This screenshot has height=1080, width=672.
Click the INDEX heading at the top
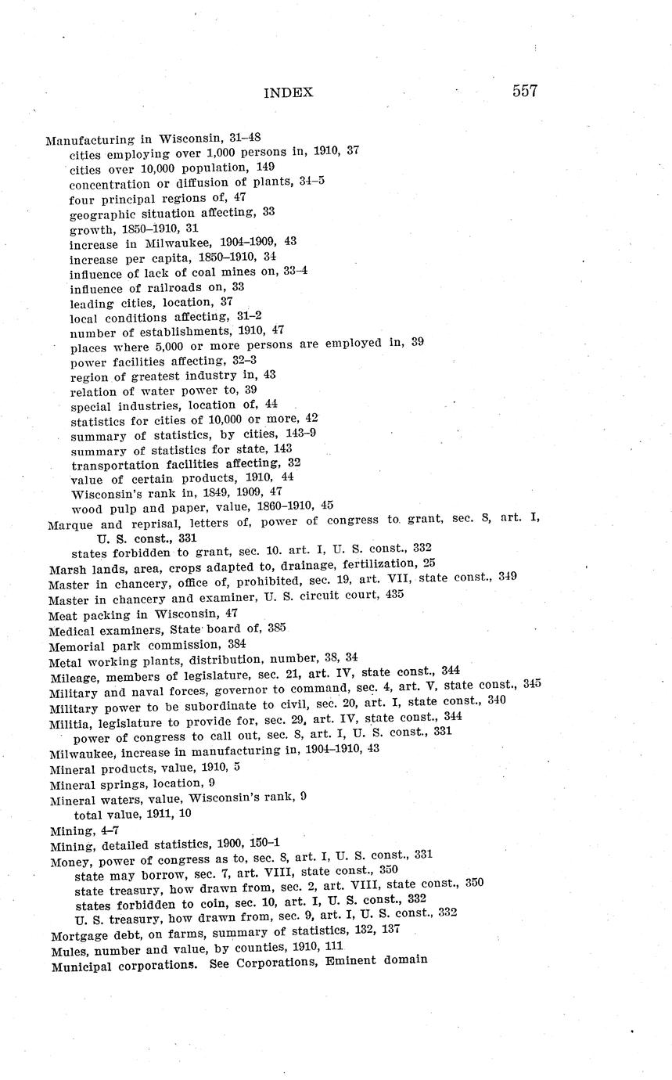point(288,92)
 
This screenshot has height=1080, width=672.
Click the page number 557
point(525,91)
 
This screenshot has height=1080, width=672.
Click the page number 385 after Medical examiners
point(275,628)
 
